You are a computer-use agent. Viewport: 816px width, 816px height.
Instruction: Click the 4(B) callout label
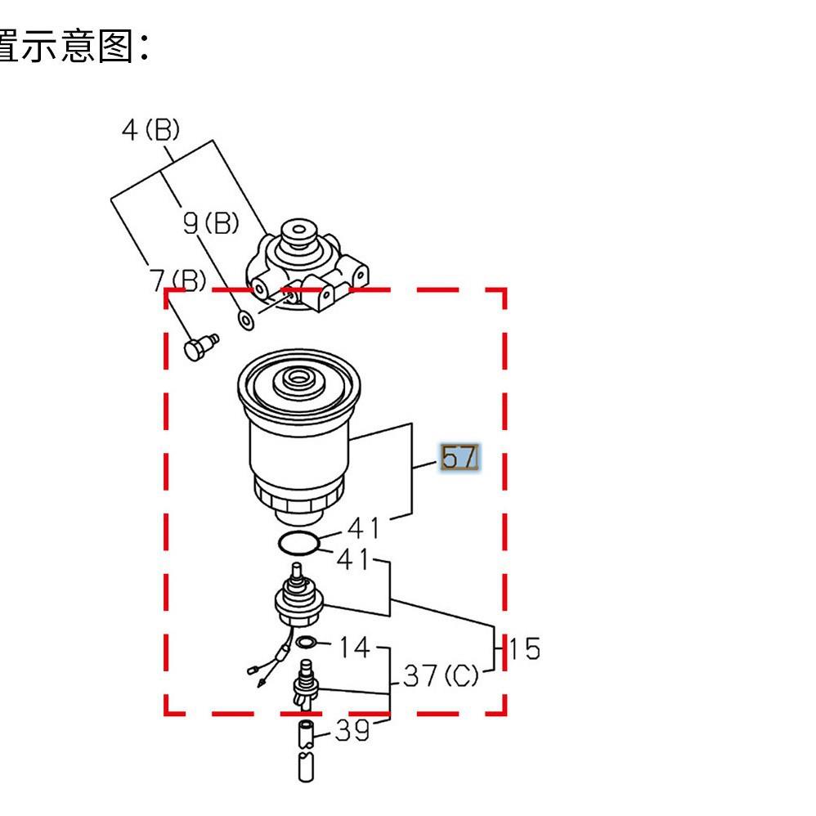(150, 130)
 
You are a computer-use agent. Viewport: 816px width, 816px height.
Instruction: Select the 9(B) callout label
(210, 222)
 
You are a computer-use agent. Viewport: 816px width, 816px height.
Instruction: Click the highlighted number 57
(459, 458)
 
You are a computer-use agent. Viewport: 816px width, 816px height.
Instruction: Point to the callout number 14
(354, 648)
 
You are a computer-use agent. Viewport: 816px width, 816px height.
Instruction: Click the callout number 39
(352, 730)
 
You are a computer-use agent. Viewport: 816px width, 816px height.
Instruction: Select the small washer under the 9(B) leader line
(244, 320)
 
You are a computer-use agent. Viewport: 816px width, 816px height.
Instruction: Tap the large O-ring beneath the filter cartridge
(297, 542)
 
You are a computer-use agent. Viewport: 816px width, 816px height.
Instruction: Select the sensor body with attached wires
(298, 601)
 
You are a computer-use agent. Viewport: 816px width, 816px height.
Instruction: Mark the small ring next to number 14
(307, 643)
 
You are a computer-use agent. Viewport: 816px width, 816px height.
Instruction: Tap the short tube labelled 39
(304, 733)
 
